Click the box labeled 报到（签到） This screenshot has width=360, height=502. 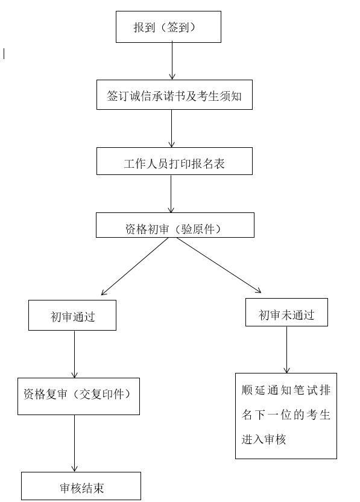168,27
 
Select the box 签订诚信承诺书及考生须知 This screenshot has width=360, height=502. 174,95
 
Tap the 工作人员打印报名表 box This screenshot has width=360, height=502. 174,161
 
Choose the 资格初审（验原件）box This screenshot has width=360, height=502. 175,225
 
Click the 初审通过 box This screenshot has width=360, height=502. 72,315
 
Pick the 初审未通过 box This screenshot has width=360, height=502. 286,312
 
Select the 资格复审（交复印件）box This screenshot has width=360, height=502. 79,396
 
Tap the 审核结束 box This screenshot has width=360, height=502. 81,486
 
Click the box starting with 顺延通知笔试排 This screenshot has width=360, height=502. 286,416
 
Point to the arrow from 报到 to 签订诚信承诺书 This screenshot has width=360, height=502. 172,61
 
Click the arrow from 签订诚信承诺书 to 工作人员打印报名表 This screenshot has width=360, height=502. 171,129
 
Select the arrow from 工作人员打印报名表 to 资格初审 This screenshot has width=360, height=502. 171,194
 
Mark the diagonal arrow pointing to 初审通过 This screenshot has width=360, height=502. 134,266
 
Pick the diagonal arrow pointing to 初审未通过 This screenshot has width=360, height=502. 219,265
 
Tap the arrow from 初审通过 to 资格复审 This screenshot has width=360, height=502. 75,354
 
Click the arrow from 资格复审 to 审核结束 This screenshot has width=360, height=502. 75,443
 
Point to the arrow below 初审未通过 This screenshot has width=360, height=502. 286,349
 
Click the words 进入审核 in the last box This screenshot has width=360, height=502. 264,439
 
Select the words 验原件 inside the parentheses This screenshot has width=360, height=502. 198,229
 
